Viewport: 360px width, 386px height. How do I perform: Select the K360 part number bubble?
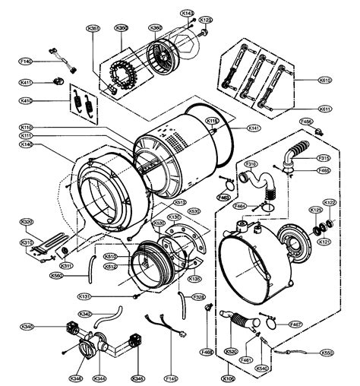[155, 28]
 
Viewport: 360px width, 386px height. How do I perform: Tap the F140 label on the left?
[25, 61]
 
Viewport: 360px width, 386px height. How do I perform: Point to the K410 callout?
[25, 100]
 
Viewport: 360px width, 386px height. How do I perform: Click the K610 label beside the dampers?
[325, 80]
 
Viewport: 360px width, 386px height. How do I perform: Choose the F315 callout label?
[324, 158]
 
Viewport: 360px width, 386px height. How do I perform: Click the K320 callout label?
[27, 222]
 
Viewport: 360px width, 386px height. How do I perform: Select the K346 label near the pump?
[75, 377]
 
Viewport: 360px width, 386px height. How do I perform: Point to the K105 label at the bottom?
[229, 377]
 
